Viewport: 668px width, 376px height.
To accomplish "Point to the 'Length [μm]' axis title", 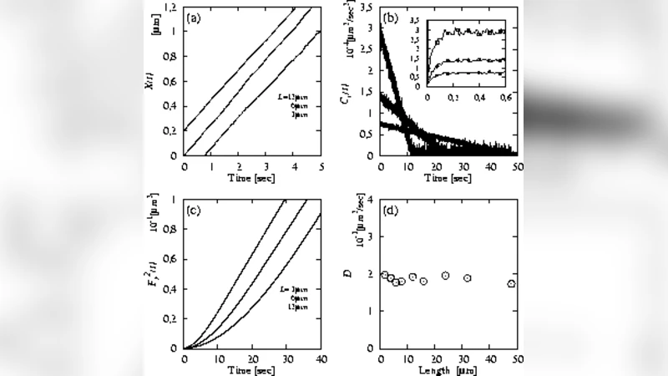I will pos(448,371).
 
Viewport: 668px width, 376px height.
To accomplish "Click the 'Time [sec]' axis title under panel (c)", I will pos(252,371).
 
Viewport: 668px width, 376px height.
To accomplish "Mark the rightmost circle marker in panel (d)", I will pos(511,284).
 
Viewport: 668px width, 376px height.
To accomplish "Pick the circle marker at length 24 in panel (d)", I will pos(446,276).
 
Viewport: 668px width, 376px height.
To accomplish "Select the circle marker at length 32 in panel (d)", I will pos(468,278).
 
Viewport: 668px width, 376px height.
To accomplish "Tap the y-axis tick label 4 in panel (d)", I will pos(372,199).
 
